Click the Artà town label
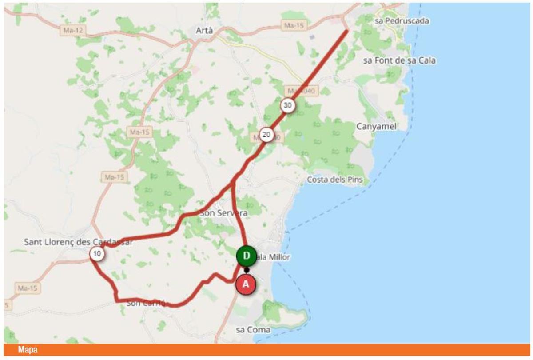coord(205,30)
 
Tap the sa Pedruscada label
coord(402,21)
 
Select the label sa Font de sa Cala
coord(399,60)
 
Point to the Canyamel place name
coord(376,127)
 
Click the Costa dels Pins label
coord(335,180)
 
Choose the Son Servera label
coord(223,213)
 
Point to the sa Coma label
coord(253,329)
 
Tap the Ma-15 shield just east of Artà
coord(294,25)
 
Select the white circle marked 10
coord(97,254)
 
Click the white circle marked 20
coord(266,135)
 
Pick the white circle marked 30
coord(288,105)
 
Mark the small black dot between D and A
coord(247,270)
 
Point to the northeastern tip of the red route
coord(346,30)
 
